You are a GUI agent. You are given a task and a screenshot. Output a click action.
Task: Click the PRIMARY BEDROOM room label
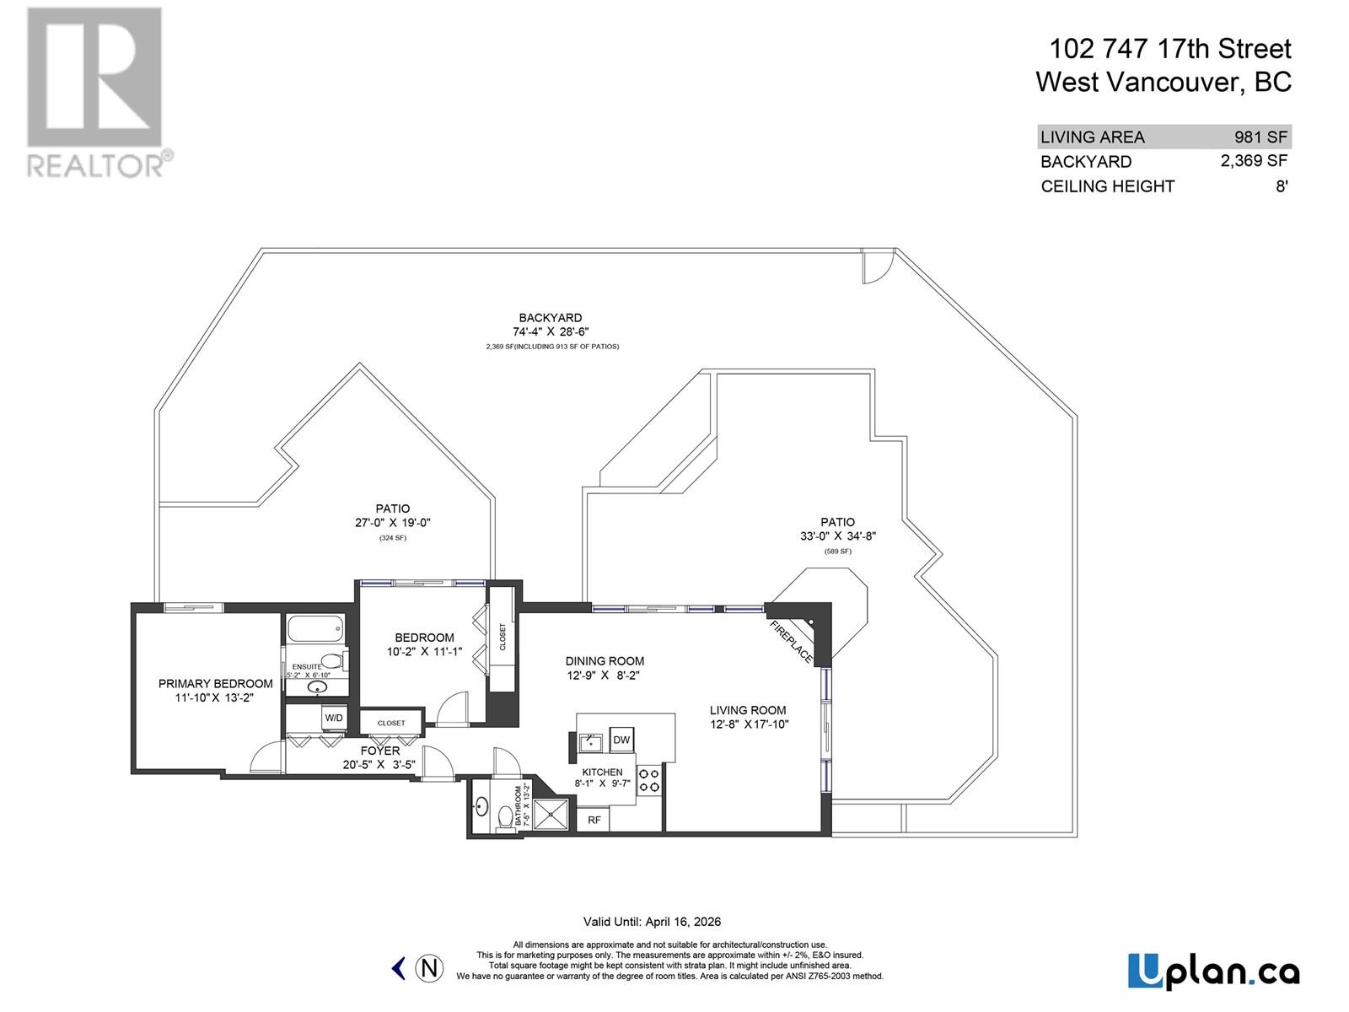[215, 684]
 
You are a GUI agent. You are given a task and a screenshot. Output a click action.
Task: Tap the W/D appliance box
[334, 718]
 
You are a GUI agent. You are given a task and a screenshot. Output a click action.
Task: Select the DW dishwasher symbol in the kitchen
[621, 740]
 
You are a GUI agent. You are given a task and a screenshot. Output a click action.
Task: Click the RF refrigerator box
[594, 819]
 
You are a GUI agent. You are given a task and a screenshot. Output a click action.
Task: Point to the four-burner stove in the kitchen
[648, 779]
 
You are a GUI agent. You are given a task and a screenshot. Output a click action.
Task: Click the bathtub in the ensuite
[315, 629]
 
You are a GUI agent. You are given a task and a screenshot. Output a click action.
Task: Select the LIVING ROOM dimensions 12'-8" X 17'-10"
[749, 724]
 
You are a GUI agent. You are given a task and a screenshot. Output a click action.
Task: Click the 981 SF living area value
[1262, 137]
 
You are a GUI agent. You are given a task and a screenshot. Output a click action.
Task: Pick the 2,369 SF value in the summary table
[1254, 160]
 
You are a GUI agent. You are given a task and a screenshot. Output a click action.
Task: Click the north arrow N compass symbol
[430, 968]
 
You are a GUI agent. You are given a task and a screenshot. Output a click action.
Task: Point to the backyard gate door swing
[875, 267]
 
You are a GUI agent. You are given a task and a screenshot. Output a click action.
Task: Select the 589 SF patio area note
[837, 551]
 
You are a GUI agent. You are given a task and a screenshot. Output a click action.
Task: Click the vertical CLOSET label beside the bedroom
[503, 637]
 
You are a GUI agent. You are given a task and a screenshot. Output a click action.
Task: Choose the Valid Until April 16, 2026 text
[652, 922]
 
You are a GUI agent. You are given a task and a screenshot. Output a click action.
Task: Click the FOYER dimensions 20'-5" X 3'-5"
[379, 765]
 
